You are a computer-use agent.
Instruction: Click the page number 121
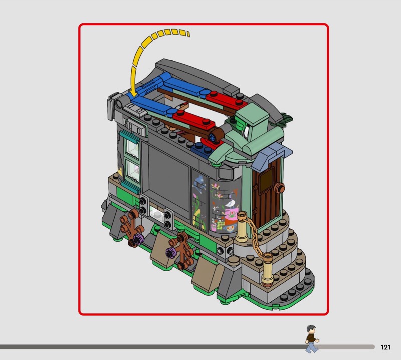(x=385, y=347)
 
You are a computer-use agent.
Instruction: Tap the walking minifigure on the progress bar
(x=312, y=339)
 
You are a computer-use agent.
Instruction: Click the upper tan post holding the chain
(x=242, y=227)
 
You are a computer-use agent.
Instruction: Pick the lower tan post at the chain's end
(x=267, y=269)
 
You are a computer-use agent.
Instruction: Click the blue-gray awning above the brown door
(x=272, y=155)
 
